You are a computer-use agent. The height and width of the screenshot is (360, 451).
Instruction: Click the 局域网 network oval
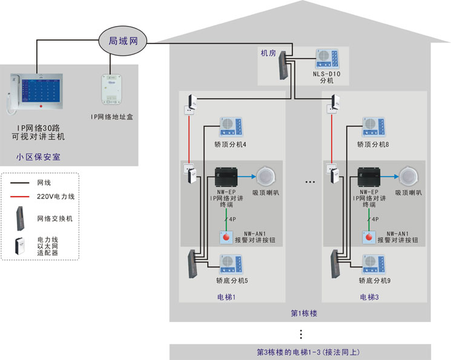123,41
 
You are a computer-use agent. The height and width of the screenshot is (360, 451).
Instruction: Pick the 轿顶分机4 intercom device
230,128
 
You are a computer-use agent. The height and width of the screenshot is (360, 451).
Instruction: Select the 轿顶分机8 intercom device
374,128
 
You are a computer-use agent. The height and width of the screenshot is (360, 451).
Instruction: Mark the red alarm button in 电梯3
369,238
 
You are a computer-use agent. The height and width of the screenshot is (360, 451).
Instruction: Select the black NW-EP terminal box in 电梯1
229,177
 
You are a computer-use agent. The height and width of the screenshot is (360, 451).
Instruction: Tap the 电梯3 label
370,297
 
